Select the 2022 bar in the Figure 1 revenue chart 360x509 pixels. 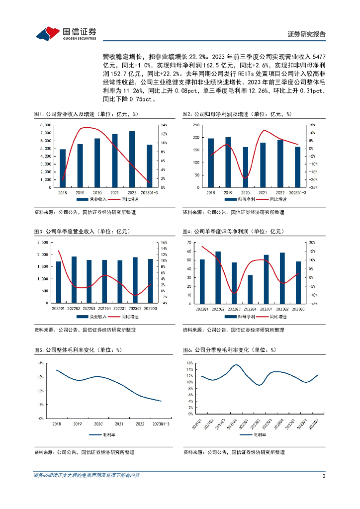(x=132, y=159)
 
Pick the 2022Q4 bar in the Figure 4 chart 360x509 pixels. (x=250, y=289)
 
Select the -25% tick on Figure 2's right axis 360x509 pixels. (x=313, y=187)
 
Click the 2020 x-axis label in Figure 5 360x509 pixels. (x=98, y=424)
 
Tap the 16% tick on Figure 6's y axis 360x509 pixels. (x=189, y=363)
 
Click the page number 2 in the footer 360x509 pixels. (x=324, y=476)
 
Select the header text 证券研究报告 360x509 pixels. (x=307, y=34)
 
